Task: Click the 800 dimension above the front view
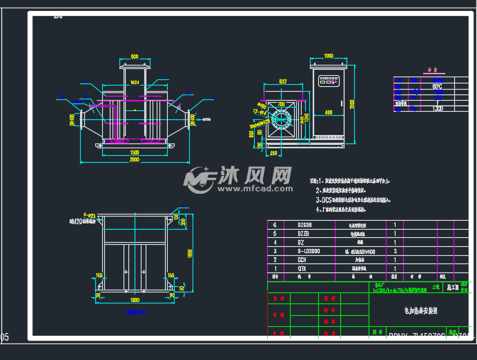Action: (x=135, y=57)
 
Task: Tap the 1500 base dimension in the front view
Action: (x=135, y=151)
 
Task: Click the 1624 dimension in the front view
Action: (x=135, y=82)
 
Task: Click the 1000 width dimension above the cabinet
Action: (x=329, y=56)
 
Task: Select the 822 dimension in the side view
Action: (x=283, y=81)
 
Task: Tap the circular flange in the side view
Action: (x=283, y=119)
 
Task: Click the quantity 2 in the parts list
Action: (x=395, y=252)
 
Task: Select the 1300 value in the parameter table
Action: (x=437, y=108)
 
